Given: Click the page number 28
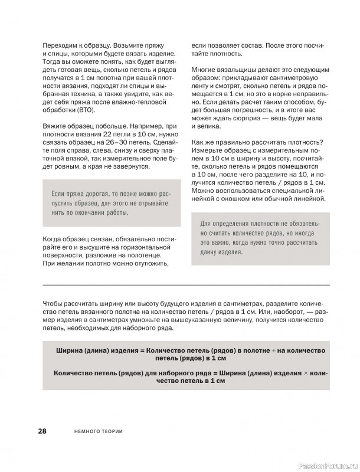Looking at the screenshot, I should (42, 431).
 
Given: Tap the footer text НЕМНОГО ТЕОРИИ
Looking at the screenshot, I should (100, 432).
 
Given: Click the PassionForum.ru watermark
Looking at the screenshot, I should (326, 465).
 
